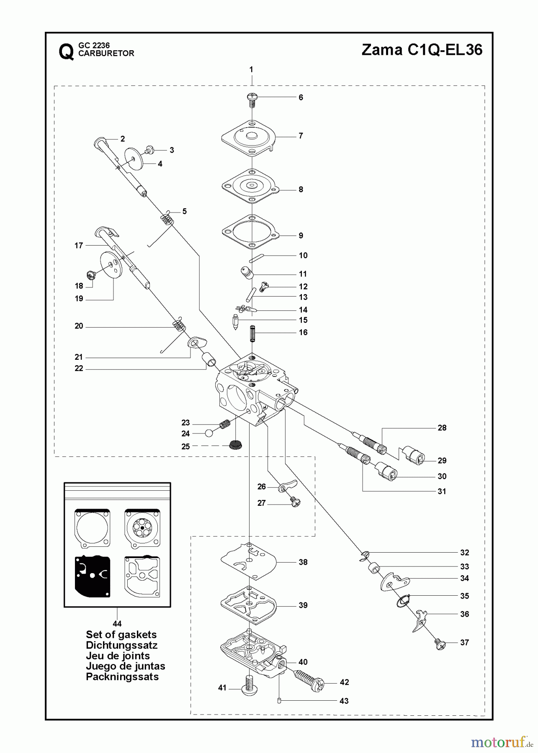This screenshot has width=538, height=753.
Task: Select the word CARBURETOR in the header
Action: pyautogui.click(x=106, y=54)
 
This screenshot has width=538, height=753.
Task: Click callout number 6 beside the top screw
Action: pyautogui.click(x=301, y=97)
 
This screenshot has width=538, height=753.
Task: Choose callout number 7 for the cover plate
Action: pyautogui.click(x=301, y=136)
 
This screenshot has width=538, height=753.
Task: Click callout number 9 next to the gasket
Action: pyautogui.click(x=301, y=236)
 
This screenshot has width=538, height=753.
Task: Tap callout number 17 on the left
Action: pyautogui.click(x=79, y=246)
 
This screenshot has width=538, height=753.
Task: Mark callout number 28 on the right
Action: pyautogui.click(x=442, y=428)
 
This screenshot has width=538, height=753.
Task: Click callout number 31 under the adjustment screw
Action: pyautogui.click(x=442, y=492)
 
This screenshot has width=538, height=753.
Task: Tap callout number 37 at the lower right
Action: pyautogui.click(x=464, y=642)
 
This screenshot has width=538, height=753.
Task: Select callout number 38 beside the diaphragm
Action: pyautogui.click(x=303, y=562)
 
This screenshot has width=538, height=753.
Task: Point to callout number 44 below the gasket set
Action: pyautogui.click(x=117, y=624)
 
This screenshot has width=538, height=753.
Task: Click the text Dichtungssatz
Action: pyautogui.click(x=121, y=645)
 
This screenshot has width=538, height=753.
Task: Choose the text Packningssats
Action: pyautogui.click(x=122, y=676)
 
